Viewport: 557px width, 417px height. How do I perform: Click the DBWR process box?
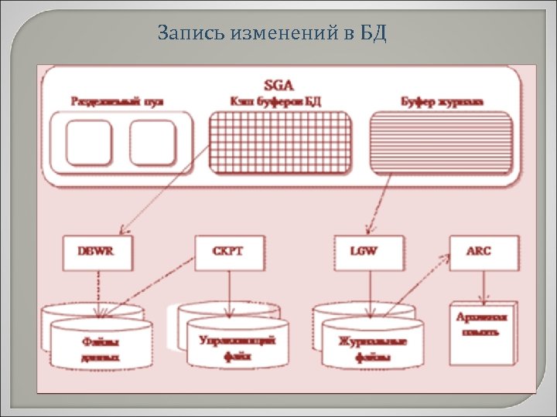[x=97, y=253]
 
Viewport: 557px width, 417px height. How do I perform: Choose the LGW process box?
[x=368, y=253]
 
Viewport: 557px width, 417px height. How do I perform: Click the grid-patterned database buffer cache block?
[x=280, y=141]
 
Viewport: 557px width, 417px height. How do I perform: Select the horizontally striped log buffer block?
[x=441, y=140]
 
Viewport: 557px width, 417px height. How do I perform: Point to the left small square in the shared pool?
[x=89, y=143]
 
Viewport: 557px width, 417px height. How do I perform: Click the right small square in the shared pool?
[x=153, y=143]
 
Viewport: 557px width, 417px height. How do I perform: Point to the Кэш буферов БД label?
[x=277, y=101]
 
